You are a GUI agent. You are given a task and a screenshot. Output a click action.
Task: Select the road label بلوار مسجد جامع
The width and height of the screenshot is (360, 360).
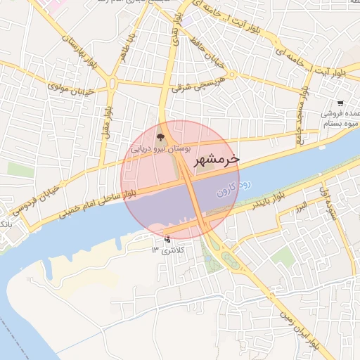(x=302, y=112)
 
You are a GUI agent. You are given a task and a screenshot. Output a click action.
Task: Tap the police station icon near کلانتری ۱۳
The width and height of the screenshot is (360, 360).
(x=167, y=238)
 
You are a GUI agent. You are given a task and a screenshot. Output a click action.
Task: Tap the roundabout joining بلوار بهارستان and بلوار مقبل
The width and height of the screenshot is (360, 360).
(x=112, y=83)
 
